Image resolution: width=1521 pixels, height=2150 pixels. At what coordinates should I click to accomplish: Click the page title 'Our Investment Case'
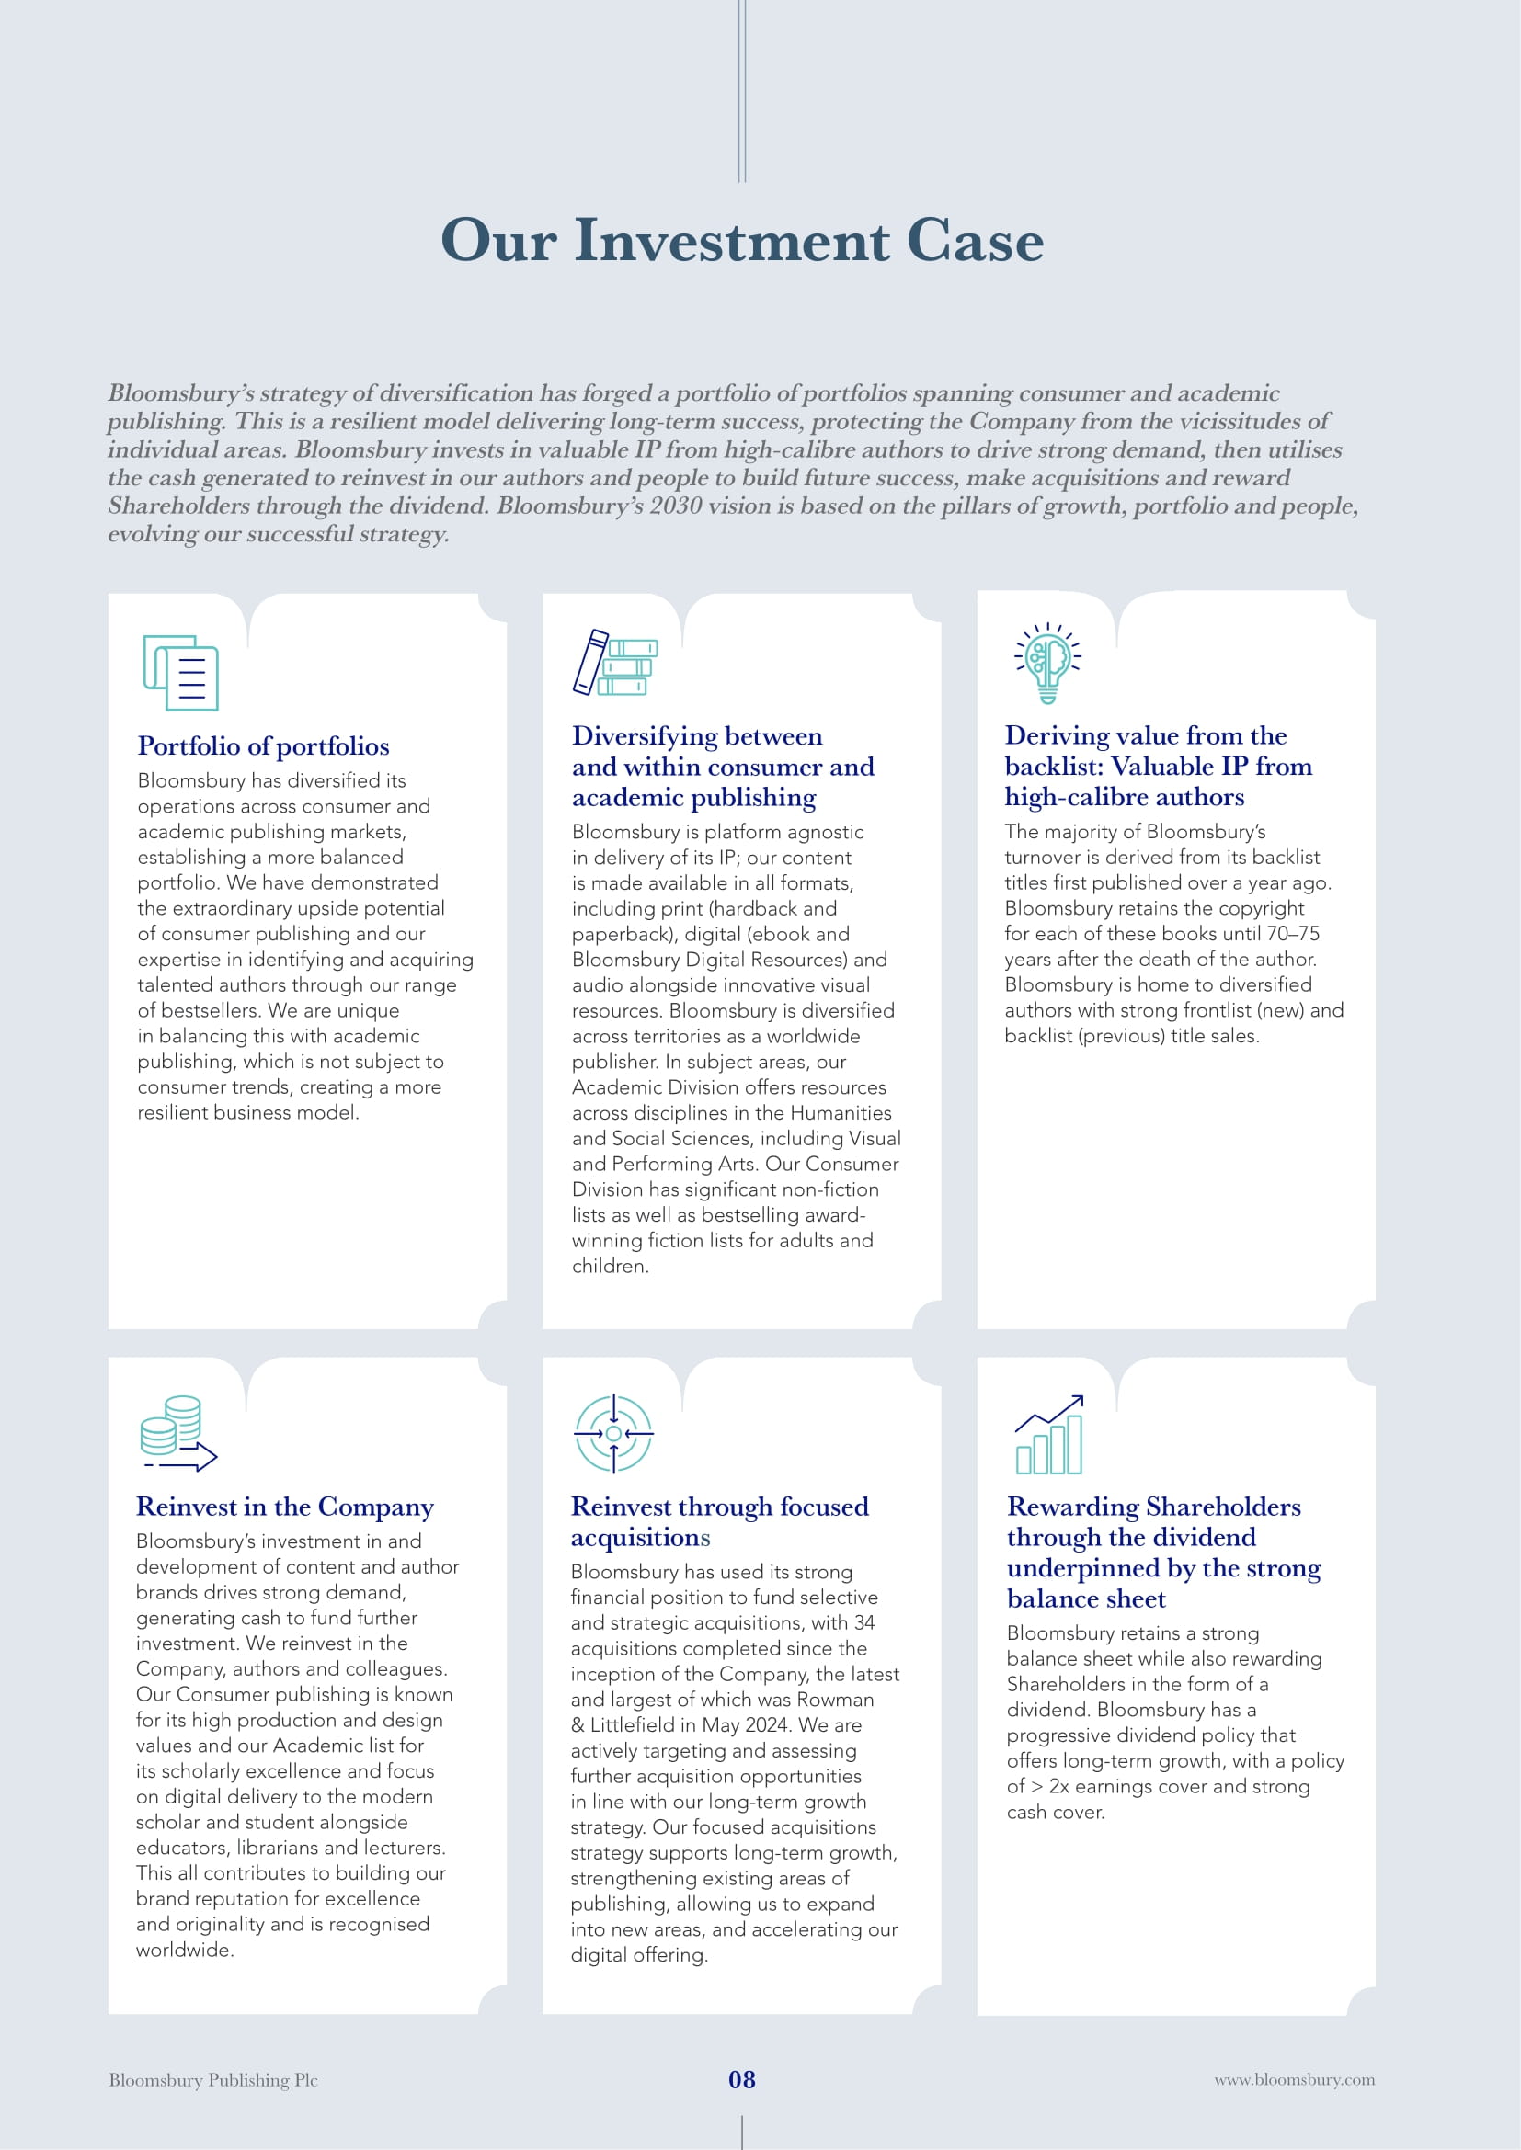(742, 241)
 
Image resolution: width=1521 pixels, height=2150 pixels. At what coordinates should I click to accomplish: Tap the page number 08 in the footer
(742, 2080)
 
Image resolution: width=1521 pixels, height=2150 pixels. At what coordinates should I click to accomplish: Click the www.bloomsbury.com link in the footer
(1295, 2080)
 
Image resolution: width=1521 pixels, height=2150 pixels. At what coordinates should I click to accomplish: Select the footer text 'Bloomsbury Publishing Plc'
(213, 2080)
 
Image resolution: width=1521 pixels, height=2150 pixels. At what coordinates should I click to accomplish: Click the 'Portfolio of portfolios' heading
(263, 746)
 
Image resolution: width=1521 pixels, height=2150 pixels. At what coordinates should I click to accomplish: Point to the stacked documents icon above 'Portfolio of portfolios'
(181, 672)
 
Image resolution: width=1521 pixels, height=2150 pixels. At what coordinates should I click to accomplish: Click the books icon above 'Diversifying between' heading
(614, 662)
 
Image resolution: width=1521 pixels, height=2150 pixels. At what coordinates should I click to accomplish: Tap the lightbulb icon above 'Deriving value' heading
(1048, 662)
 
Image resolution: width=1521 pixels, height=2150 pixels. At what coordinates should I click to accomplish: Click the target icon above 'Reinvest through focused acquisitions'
(613, 1434)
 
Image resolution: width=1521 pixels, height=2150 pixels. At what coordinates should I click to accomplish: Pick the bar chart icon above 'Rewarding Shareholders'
(1050, 1434)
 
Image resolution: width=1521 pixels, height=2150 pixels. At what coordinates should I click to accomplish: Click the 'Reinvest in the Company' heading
(285, 1507)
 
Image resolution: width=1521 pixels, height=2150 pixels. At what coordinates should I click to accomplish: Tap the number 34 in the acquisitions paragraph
(864, 1622)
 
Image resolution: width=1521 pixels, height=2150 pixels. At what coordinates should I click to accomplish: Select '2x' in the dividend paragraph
(1058, 1786)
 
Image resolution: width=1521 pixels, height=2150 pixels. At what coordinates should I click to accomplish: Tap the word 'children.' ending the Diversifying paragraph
(611, 1266)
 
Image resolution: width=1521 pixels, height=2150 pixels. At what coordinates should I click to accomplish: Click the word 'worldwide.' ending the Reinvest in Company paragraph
(185, 1950)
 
